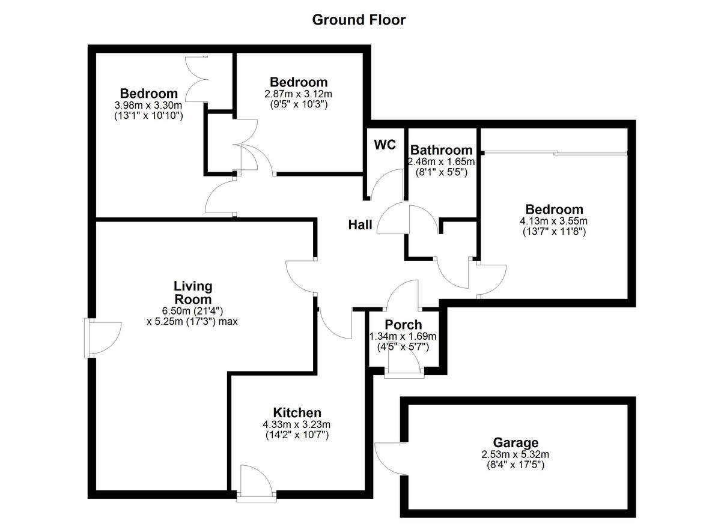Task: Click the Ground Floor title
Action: click(359, 20)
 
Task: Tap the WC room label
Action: click(385, 145)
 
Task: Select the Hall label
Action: click(360, 225)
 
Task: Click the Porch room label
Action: click(403, 325)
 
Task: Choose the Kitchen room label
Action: click(297, 413)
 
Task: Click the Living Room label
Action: click(193, 293)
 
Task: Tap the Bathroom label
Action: click(440, 150)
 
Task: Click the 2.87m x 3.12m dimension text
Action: click(298, 94)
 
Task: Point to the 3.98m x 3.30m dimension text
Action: click(148, 105)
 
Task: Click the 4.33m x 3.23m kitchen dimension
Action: click(297, 424)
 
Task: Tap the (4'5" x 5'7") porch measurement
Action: click(403, 346)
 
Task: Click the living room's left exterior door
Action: click(103, 339)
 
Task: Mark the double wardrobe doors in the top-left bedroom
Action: click(197, 79)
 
